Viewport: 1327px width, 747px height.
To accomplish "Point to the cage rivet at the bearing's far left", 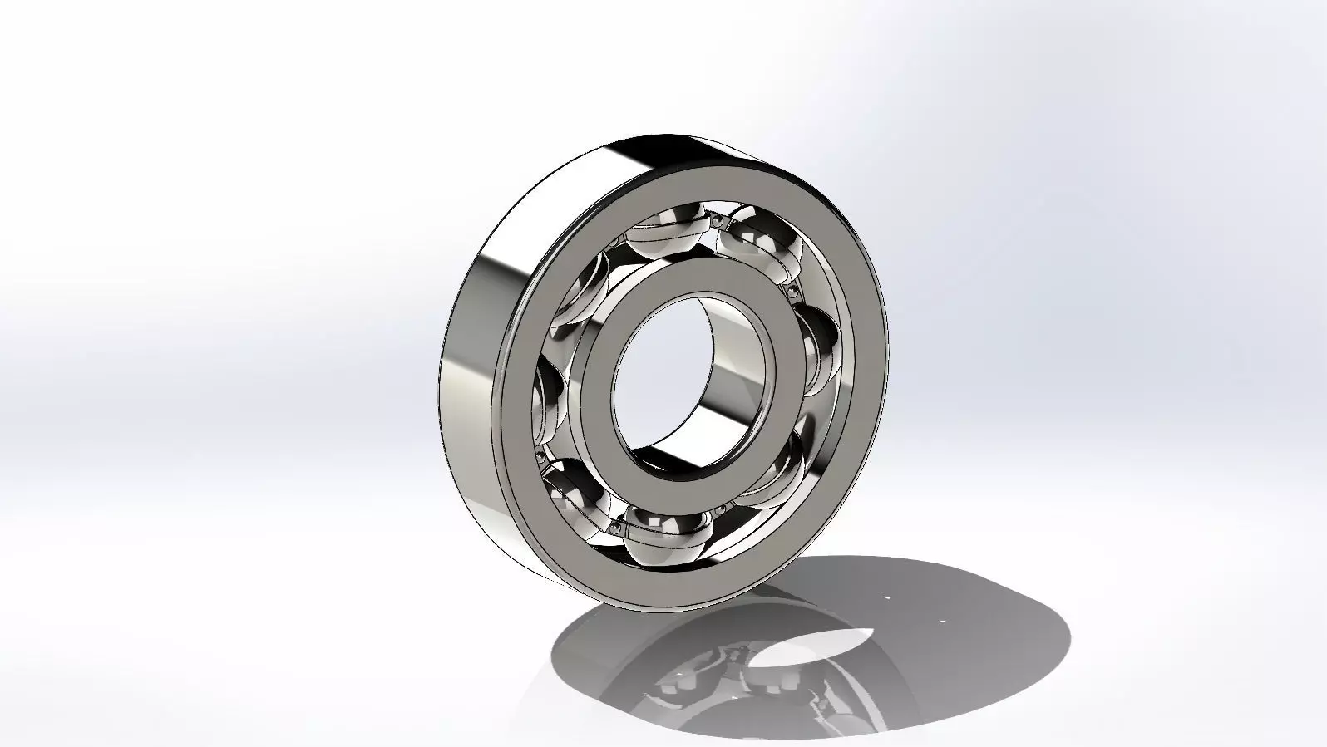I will coord(541,455).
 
